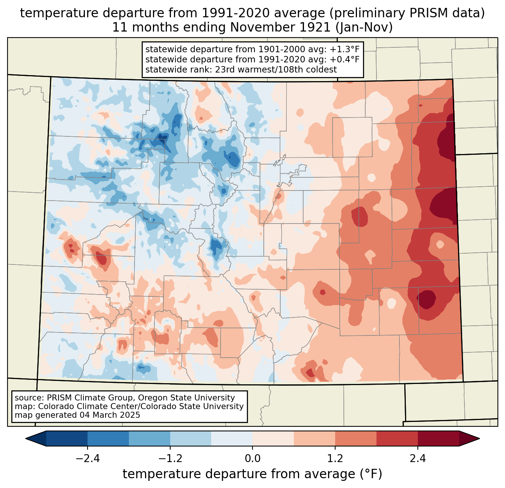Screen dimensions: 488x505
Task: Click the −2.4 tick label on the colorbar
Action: (88, 459)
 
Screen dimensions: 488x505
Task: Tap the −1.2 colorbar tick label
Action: (170, 459)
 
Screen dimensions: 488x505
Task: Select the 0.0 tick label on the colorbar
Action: (252, 459)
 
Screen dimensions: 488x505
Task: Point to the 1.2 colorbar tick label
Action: (335, 459)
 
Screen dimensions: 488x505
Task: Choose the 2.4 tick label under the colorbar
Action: (417, 459)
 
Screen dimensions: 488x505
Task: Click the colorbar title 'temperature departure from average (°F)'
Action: (252, 474)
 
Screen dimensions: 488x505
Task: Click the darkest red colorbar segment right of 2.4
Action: (438, 438)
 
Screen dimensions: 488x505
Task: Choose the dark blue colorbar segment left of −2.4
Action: (67, 438)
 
